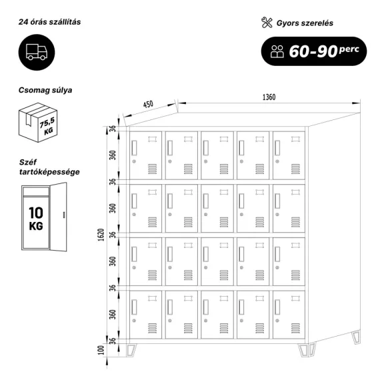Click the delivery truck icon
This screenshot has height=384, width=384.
(x=37, y=52)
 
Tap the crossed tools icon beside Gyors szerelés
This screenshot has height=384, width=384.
(x=267, y=23)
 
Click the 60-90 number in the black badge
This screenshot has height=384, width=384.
(x=313, y=51)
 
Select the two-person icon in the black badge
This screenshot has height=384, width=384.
(x=277, y=51)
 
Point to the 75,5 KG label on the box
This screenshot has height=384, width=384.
(x=47, y=126)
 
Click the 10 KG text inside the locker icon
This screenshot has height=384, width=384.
(x=36, y=219)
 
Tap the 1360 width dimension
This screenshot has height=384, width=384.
(x=269, y=97)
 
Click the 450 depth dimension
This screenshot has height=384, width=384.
(x=148, y=104)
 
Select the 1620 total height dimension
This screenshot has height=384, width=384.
(x=101, y=235)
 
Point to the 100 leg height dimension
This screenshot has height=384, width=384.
(x=101, y=350)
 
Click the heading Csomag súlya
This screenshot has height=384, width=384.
(x=45, y=90)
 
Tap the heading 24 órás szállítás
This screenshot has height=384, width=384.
(x=49, y=22)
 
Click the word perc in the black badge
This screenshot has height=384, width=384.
(x=349, y=49)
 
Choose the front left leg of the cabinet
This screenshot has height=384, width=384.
(x=131, y=350)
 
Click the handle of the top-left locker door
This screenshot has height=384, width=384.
(x=134, y=148)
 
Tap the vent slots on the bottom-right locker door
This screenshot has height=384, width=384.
(x=295, y=328)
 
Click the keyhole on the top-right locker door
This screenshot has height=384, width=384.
(x=277, y=161)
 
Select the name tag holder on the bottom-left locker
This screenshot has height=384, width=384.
(x=152, y=298)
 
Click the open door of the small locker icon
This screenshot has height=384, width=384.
(x=58, y=217)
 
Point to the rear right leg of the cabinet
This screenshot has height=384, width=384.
(x=356, y=337)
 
